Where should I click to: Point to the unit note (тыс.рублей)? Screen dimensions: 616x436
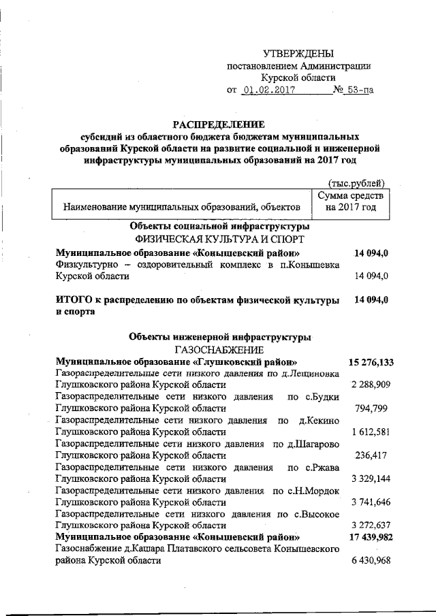(356, 182)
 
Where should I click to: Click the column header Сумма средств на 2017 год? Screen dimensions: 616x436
(351, 201)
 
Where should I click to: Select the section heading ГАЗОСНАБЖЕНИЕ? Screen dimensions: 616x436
(217, 348)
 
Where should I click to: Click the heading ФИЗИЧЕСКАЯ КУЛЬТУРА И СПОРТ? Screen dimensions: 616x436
(217, 239)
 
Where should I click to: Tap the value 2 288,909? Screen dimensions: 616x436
(371, 385)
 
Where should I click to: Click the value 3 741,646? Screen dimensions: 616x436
(371, 502)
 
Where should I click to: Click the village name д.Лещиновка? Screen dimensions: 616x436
(311, 373)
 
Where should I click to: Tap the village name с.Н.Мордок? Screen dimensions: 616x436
(307, 491)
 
